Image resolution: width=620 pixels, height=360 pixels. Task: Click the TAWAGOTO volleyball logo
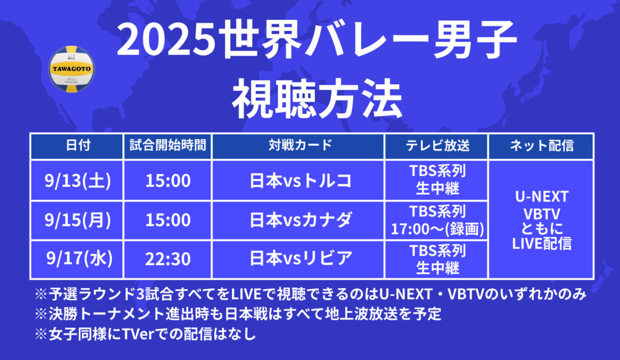point(71,69)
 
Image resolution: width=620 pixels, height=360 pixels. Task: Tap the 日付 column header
point(78,145)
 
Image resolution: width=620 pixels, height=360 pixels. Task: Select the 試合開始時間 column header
point(168,145)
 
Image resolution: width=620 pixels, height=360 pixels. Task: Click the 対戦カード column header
point(300,145)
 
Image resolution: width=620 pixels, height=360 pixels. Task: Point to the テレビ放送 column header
point(437,145)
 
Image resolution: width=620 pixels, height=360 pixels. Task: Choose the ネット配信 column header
point(541,145)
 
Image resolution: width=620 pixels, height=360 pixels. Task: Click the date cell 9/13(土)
point(78,180)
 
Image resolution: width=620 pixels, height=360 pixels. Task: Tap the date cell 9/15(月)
point(78,220)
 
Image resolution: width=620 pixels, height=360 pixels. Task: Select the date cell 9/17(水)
point(79,259)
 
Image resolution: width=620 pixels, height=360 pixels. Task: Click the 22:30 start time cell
point(168,259)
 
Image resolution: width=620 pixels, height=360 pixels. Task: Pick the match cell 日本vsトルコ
point(300,180)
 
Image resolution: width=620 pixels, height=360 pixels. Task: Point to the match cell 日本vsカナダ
point(300,220)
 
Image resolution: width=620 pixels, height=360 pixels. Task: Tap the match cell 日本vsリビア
point(300,259)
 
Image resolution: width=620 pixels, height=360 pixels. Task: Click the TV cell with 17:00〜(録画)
point(437,220)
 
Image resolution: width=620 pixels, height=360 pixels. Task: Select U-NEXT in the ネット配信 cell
point(542,197)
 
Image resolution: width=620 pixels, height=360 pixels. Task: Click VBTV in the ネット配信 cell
point(542,214)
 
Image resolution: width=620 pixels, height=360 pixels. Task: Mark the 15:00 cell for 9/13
point(168,180)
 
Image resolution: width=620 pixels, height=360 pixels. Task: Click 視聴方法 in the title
point(317,99)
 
